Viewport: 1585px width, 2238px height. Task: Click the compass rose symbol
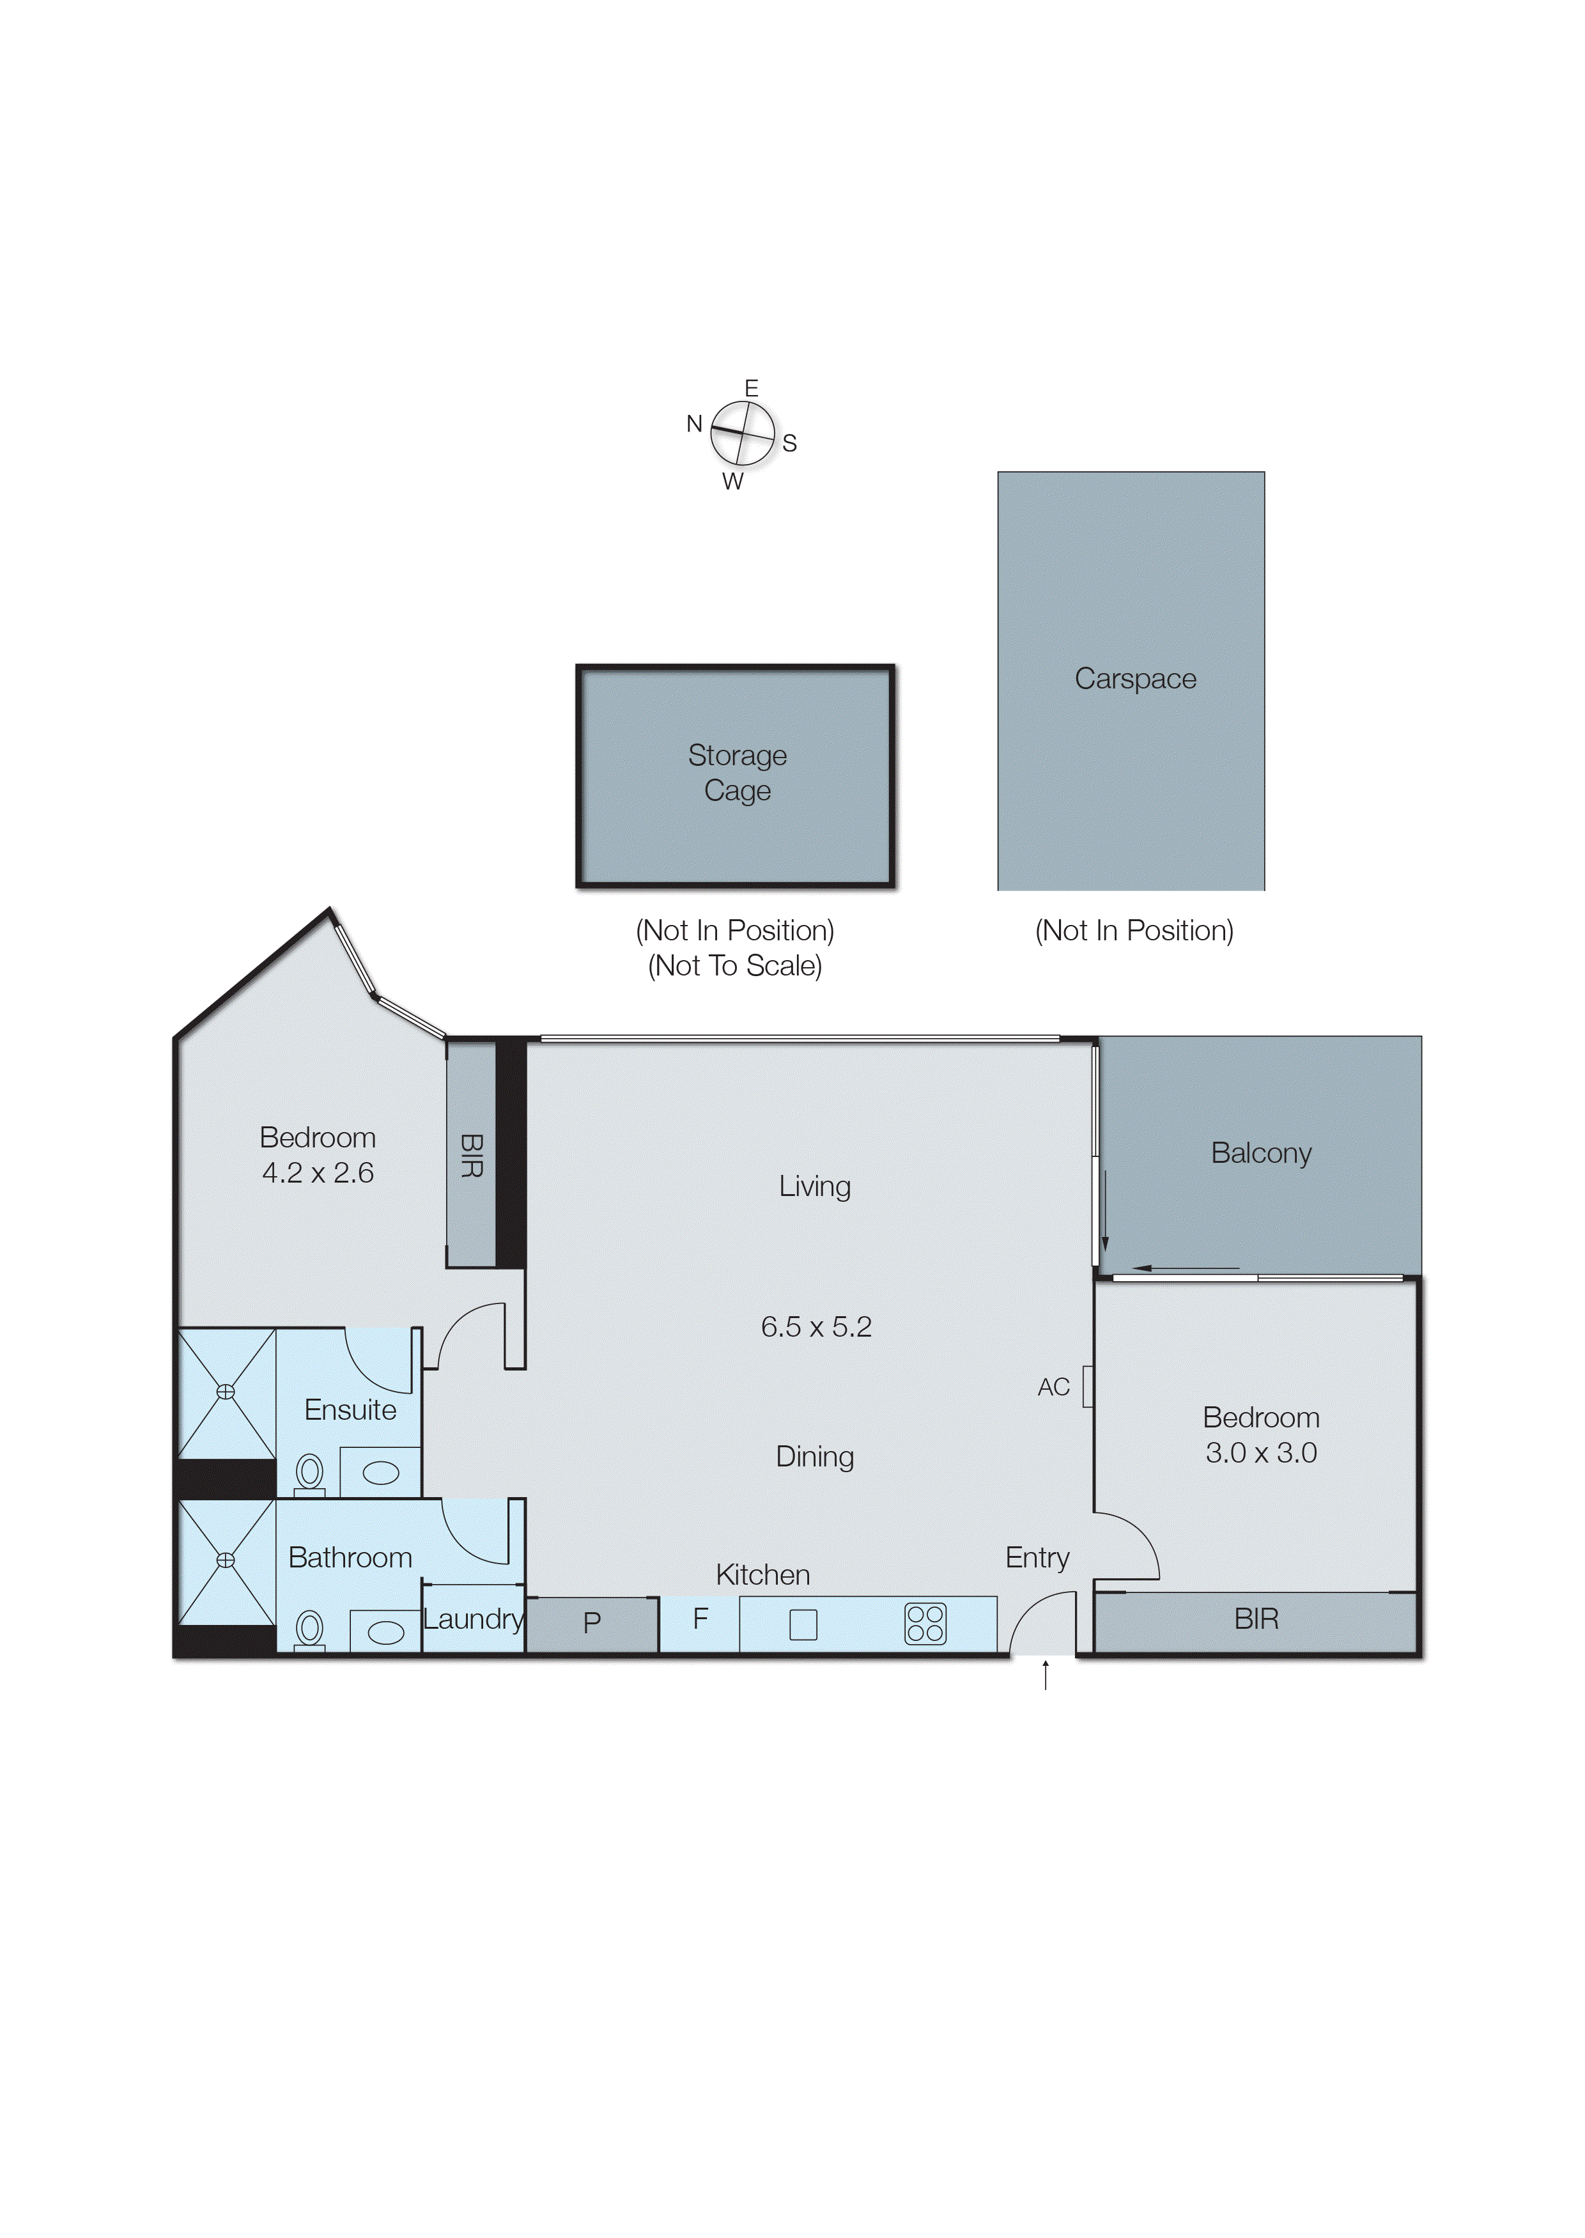(x=742, y=433)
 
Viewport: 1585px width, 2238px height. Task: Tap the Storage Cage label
(x=737, y=772)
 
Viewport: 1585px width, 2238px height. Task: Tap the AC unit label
(x=1053, y=1387)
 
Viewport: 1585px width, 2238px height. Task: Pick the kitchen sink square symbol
(x=802, y=1625)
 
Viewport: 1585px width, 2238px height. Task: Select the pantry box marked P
(x=591, y=1623)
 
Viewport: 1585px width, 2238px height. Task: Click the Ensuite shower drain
(x=226, y=1392)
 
